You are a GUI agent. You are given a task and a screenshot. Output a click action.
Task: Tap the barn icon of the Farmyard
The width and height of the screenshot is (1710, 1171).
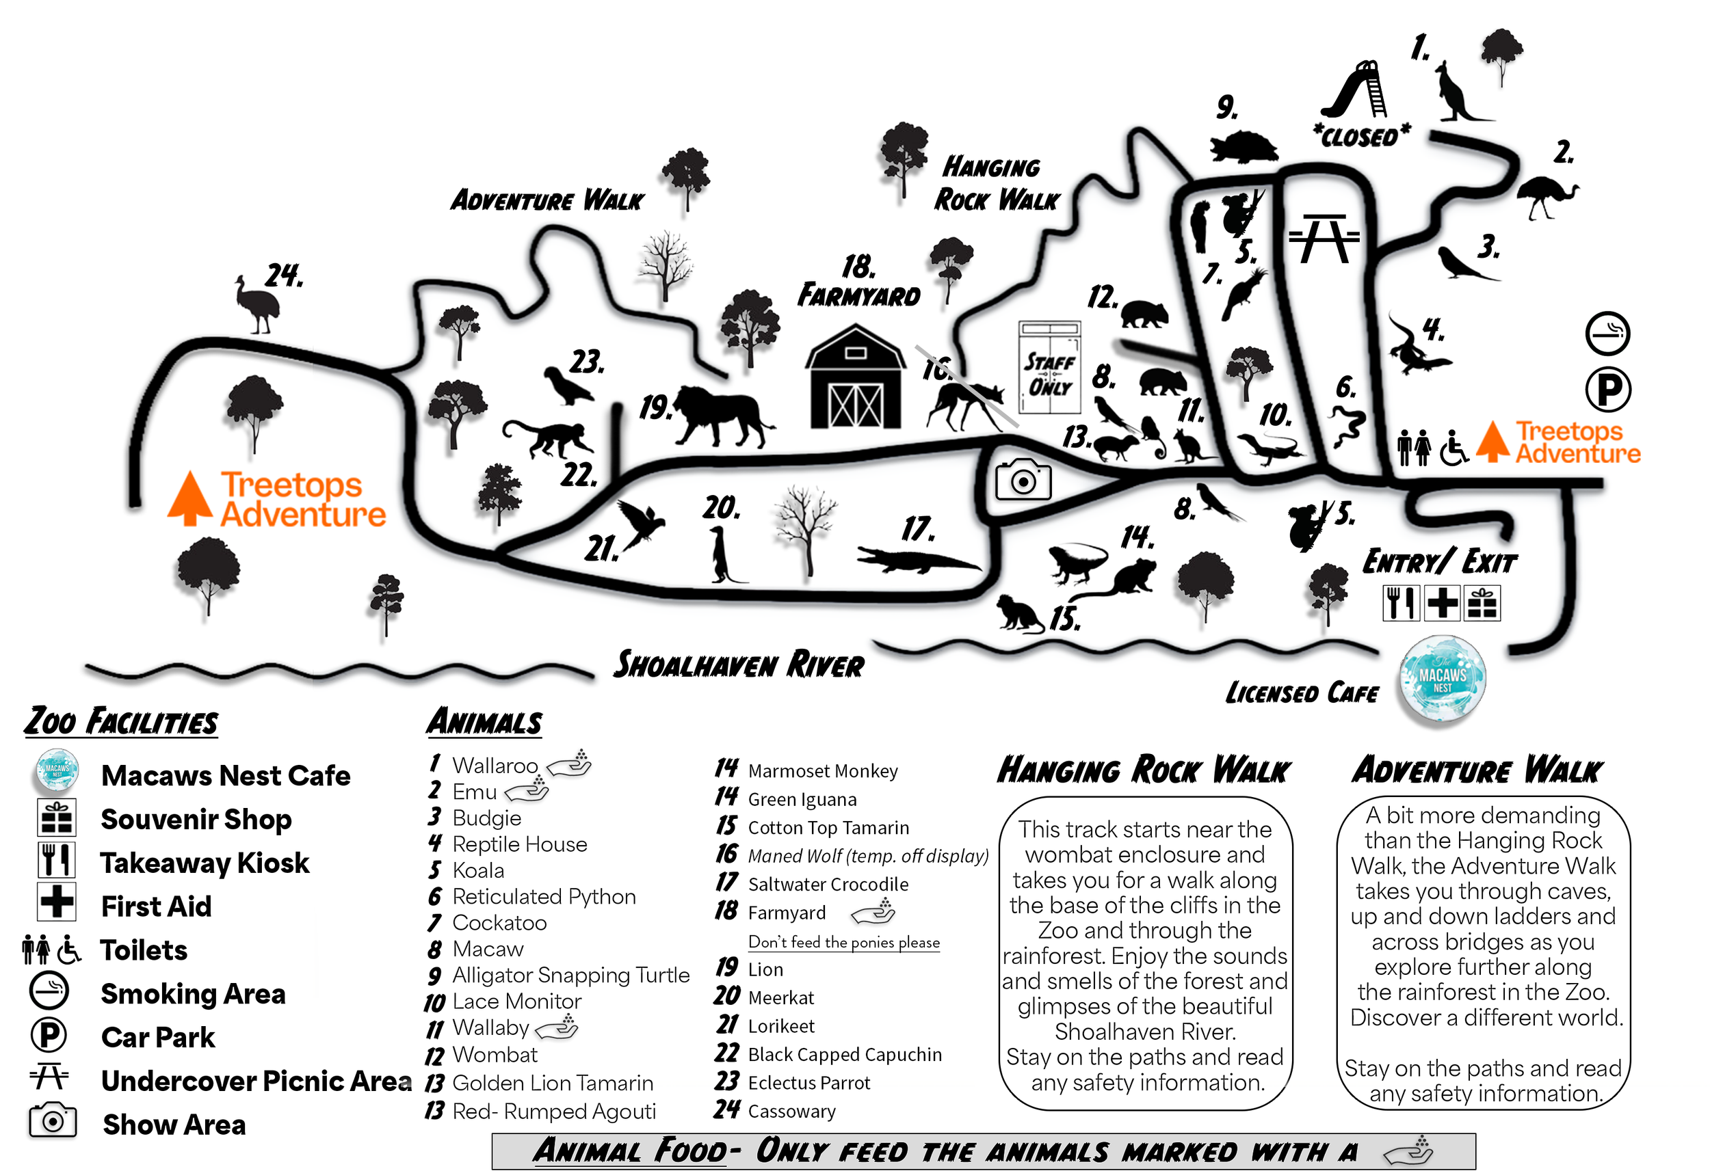point(855,378)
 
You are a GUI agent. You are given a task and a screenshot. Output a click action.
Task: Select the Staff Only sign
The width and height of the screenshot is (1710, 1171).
point(1049,368)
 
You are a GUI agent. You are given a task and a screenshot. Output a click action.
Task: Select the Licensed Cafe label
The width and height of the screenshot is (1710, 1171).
point(1301,692)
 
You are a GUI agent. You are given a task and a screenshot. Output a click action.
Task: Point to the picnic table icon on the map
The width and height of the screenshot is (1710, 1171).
point(1324,239)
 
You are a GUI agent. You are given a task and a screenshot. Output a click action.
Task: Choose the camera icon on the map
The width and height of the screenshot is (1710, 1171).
point(1023,481)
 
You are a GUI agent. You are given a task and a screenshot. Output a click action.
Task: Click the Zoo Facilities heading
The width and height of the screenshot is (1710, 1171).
point(121,721)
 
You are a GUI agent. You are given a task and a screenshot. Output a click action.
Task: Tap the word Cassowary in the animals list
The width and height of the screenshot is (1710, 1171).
point(791,1111)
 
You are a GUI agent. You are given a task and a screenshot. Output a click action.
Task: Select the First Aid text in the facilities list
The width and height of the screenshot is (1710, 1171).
point(156,906)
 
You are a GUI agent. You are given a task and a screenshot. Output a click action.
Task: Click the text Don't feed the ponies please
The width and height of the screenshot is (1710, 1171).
point(843,942)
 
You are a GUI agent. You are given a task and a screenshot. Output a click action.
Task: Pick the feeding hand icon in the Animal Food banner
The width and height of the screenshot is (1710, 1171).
point(1408,1151)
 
